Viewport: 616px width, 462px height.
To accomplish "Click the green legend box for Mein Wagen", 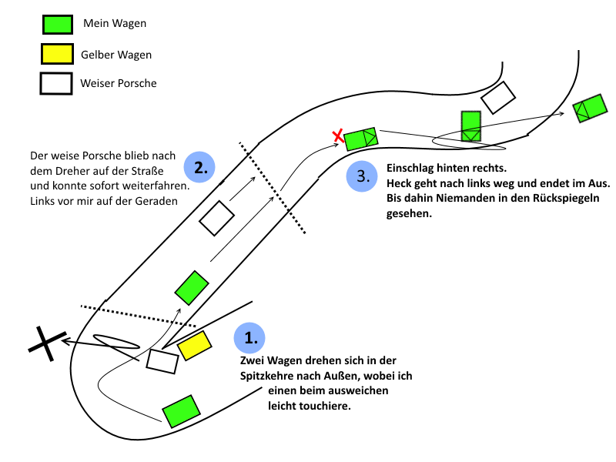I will click(x=57, y=25).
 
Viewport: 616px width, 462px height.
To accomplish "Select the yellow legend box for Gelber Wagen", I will click(x=57, y=54).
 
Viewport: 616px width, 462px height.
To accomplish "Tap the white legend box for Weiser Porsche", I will click(x=57, y=82).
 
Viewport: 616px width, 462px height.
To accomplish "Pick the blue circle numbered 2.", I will click(x=199, y=167).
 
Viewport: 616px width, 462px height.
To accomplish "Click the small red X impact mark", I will click(x=337, y=137).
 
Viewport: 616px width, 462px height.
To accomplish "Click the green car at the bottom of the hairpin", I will click(x=182, y=410).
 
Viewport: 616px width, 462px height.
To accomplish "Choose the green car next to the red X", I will click(x=361, y=139).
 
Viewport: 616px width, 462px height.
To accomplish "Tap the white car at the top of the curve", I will click(x=498, y=98).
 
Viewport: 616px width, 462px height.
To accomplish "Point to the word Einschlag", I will click(x=413, y=168).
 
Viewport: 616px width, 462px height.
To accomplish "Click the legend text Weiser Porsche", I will click(x=118, y=83).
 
